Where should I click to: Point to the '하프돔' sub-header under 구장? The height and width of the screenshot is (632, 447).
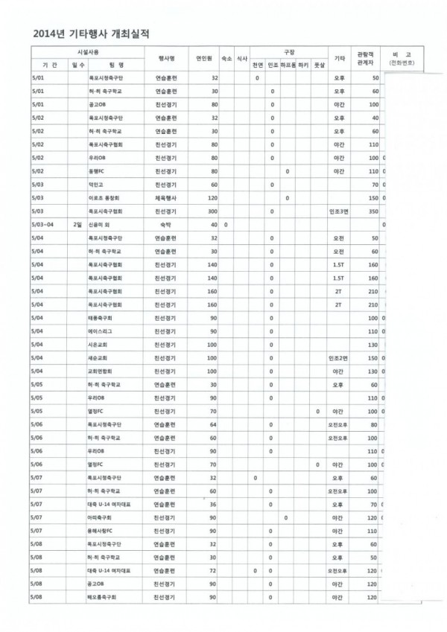tap(288, 66)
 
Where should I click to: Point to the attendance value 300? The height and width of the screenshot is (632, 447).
tap(212, 211)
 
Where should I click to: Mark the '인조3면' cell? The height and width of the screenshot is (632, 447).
tap(340, 211)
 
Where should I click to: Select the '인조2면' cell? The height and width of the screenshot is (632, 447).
tap(340, 358)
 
